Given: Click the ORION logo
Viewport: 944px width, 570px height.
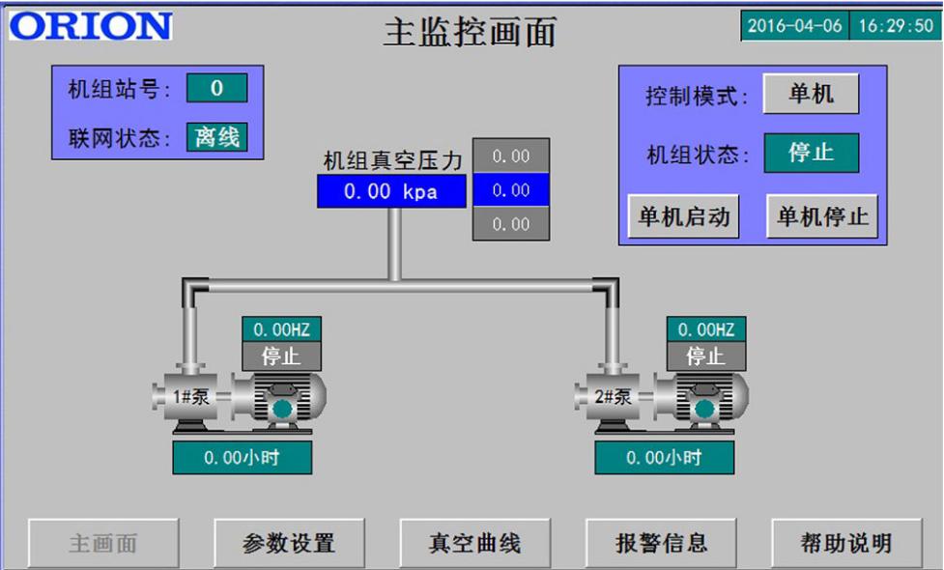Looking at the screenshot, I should (x=91, y=26).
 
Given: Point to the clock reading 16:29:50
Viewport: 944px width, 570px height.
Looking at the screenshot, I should (x=896, y=25).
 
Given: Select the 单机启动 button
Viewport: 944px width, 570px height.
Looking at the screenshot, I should (x=683, y=216).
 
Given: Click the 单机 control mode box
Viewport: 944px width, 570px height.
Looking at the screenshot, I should (x=811, y=95).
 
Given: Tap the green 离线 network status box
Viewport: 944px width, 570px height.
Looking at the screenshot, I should (x=216, y=137).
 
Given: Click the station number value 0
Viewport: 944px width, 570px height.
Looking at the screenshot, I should (x=216, y=89).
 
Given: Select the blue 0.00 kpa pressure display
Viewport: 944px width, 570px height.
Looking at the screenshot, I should (x=391, y=191).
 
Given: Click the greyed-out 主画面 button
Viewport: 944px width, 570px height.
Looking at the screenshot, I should (x=102, y=543).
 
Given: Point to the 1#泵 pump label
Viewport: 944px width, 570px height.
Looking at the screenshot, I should (x=190, y=397).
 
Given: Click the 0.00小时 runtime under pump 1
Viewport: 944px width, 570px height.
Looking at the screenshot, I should (x=242, y=458).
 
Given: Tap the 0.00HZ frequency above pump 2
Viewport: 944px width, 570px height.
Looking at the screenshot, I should (x=705, y=329).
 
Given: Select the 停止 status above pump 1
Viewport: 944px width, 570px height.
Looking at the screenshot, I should (x=280, y=356).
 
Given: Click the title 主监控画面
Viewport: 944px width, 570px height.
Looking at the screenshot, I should (x=471, y=32).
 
